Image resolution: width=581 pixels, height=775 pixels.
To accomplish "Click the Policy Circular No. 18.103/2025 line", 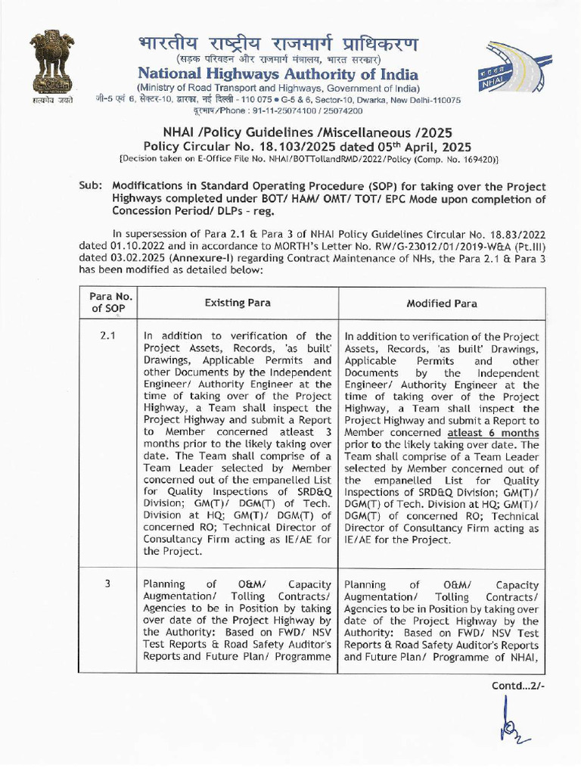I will coord(290,145).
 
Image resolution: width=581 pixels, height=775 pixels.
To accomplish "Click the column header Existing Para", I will coord(238,303).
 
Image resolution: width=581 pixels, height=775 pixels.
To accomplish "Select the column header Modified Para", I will coord(441,303).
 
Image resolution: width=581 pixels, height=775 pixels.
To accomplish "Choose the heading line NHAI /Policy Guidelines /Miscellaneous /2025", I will coord(290,131).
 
